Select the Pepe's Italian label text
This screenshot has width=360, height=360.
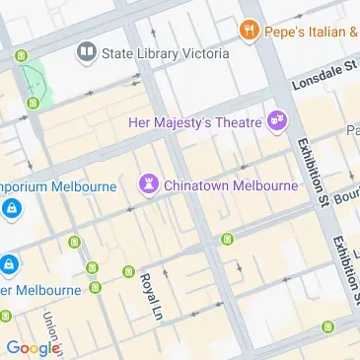coord(316,32)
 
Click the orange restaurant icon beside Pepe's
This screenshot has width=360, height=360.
coord(249,32)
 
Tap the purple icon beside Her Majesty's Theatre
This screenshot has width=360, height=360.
coord(277,121)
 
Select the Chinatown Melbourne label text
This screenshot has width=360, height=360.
coord(230,184)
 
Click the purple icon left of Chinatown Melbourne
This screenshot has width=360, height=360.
coord(148,183)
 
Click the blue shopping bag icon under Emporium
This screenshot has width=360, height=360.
coord(11,208)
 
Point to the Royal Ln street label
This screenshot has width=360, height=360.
coord(150,297)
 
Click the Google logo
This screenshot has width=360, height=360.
coord(32,347)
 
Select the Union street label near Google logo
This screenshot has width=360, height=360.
coord(49,329)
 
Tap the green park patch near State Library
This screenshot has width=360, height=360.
coord(34,79)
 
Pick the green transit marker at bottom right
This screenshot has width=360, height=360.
coord(326,327)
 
